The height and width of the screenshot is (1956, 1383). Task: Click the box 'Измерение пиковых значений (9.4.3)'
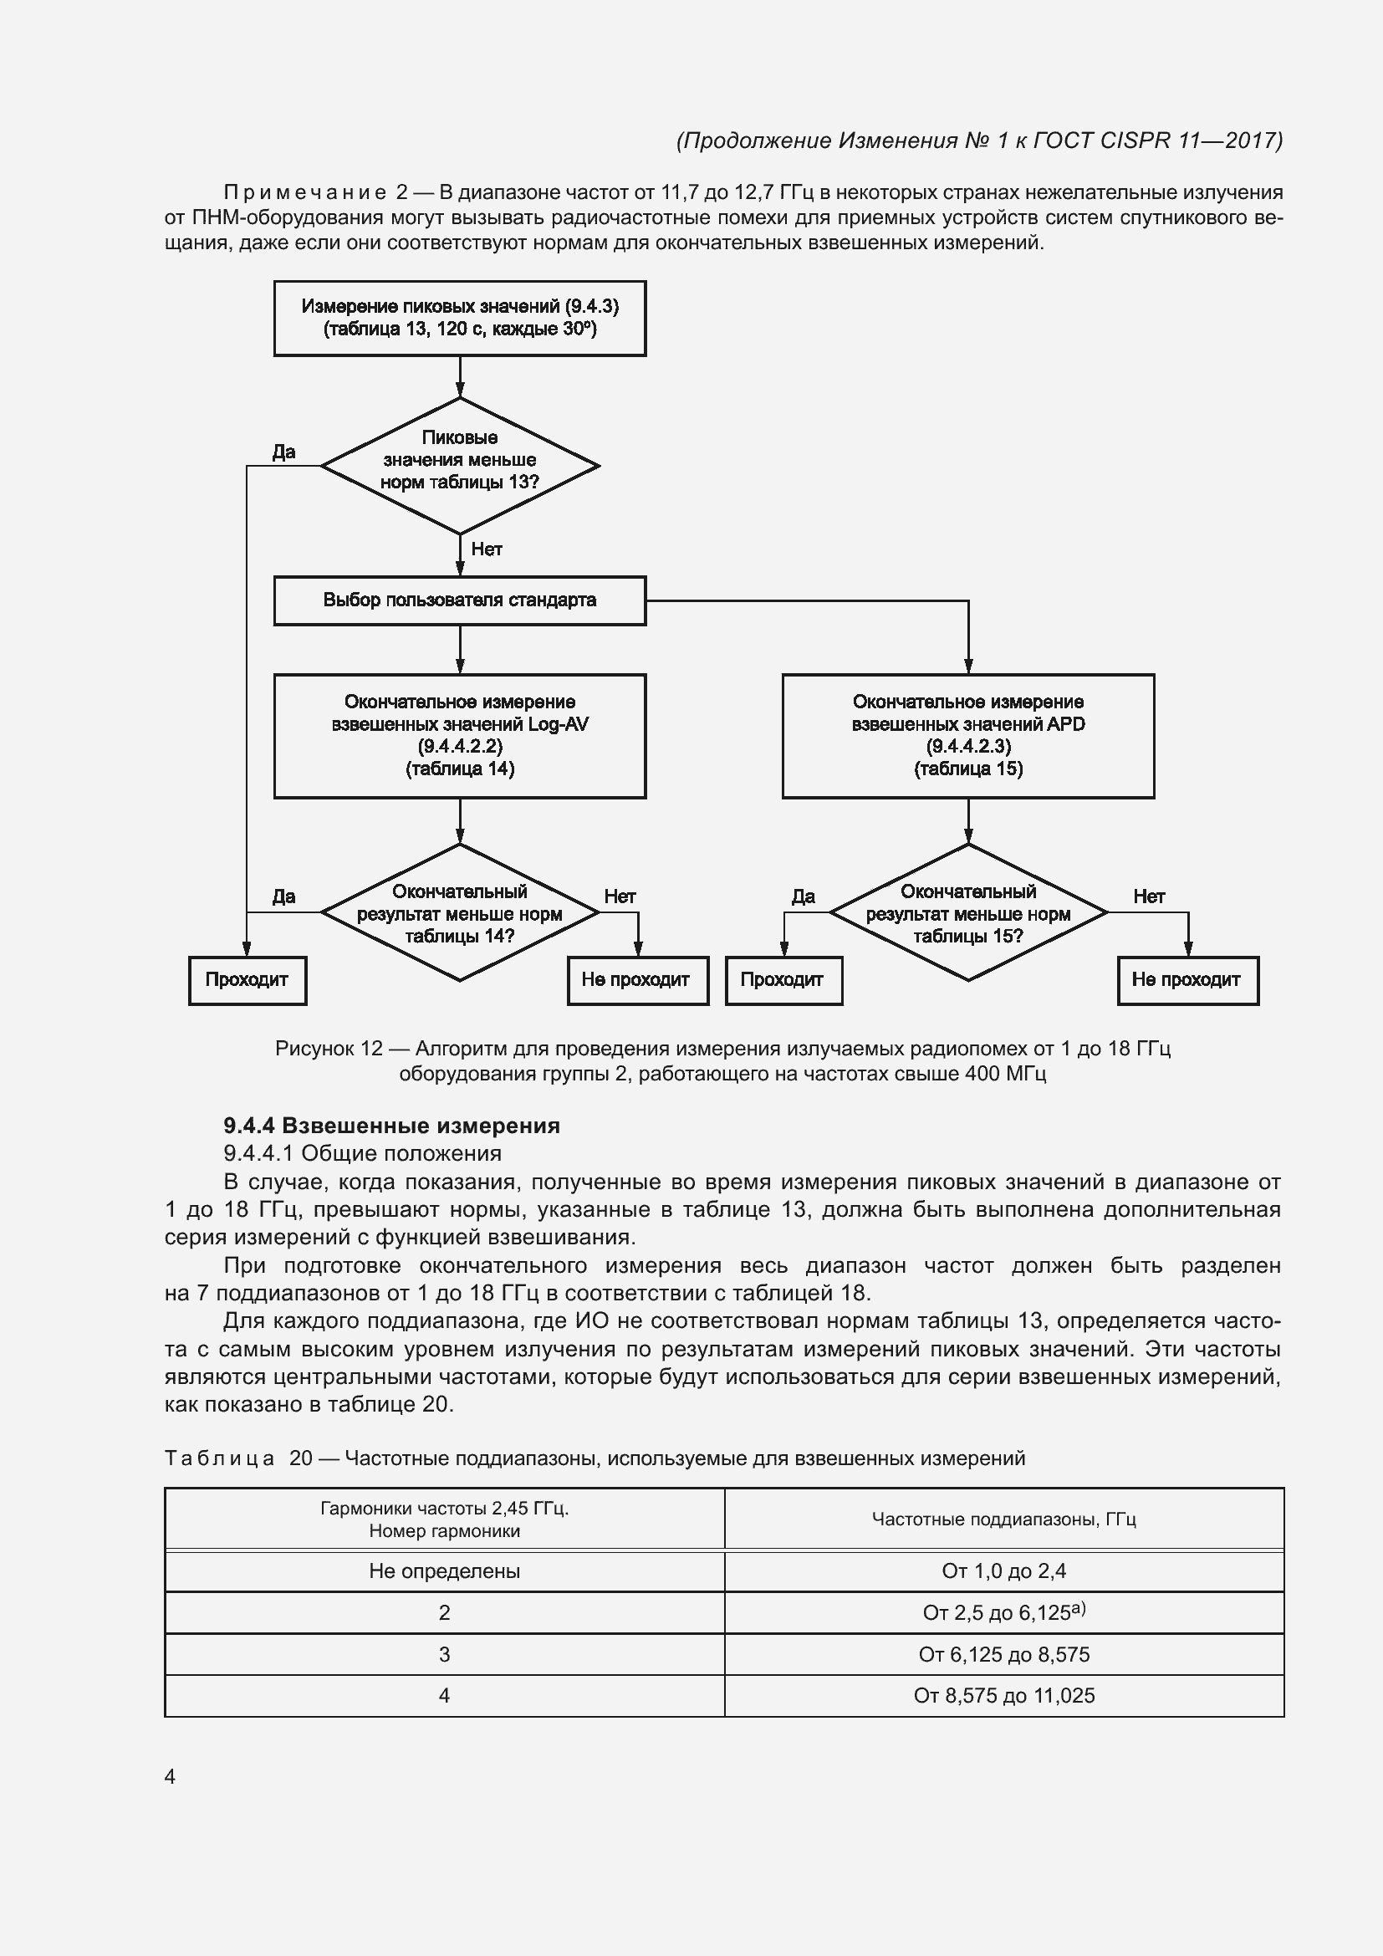pos(460,318)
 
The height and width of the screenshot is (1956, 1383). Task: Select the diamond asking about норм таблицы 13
pos(460,465)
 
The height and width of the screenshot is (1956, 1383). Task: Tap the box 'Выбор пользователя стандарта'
pos(460,600)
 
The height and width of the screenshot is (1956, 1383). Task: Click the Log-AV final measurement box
pos(460,736)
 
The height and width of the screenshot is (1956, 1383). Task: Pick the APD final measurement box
pos(968,736)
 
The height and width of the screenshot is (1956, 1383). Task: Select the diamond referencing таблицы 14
pos(460,912)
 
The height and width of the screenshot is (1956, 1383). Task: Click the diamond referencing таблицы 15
pos(968,912)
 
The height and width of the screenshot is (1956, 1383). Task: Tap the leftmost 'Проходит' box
pos(247,980)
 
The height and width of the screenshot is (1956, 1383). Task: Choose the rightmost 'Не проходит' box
pos(1187,980)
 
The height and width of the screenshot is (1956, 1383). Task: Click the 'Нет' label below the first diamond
pos(487,549)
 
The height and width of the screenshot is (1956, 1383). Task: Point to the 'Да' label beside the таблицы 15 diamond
pos(803,896)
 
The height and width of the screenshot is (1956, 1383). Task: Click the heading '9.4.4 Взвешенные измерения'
pos(391,1126)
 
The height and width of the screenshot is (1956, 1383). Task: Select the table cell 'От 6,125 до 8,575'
pos(1004,1654)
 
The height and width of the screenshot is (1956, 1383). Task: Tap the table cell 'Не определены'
pos(445,1571)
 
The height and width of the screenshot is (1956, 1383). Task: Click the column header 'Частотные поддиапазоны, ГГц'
pos(1004,1519)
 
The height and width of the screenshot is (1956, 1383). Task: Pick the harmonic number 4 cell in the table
pos(445,1695)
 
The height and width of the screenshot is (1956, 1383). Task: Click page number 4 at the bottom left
pos(171,1776)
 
